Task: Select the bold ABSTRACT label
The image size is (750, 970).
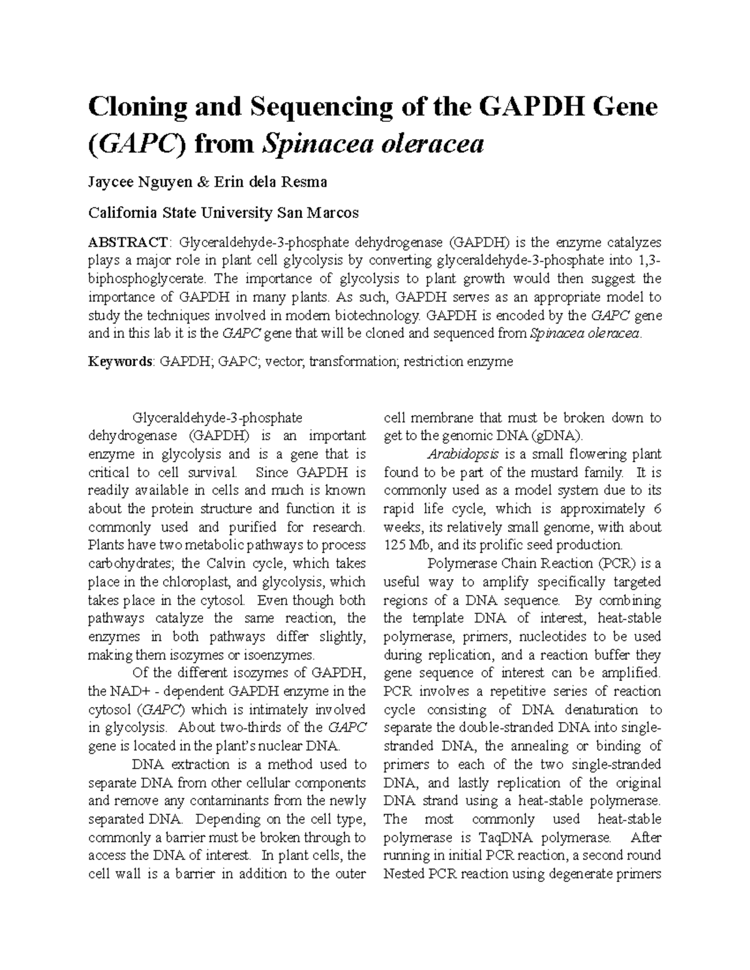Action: click(127, 242)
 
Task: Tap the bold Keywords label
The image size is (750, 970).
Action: click(120, 362)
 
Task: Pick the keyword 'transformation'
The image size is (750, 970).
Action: click(354, 362)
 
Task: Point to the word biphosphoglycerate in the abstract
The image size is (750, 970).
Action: click(146, 279)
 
